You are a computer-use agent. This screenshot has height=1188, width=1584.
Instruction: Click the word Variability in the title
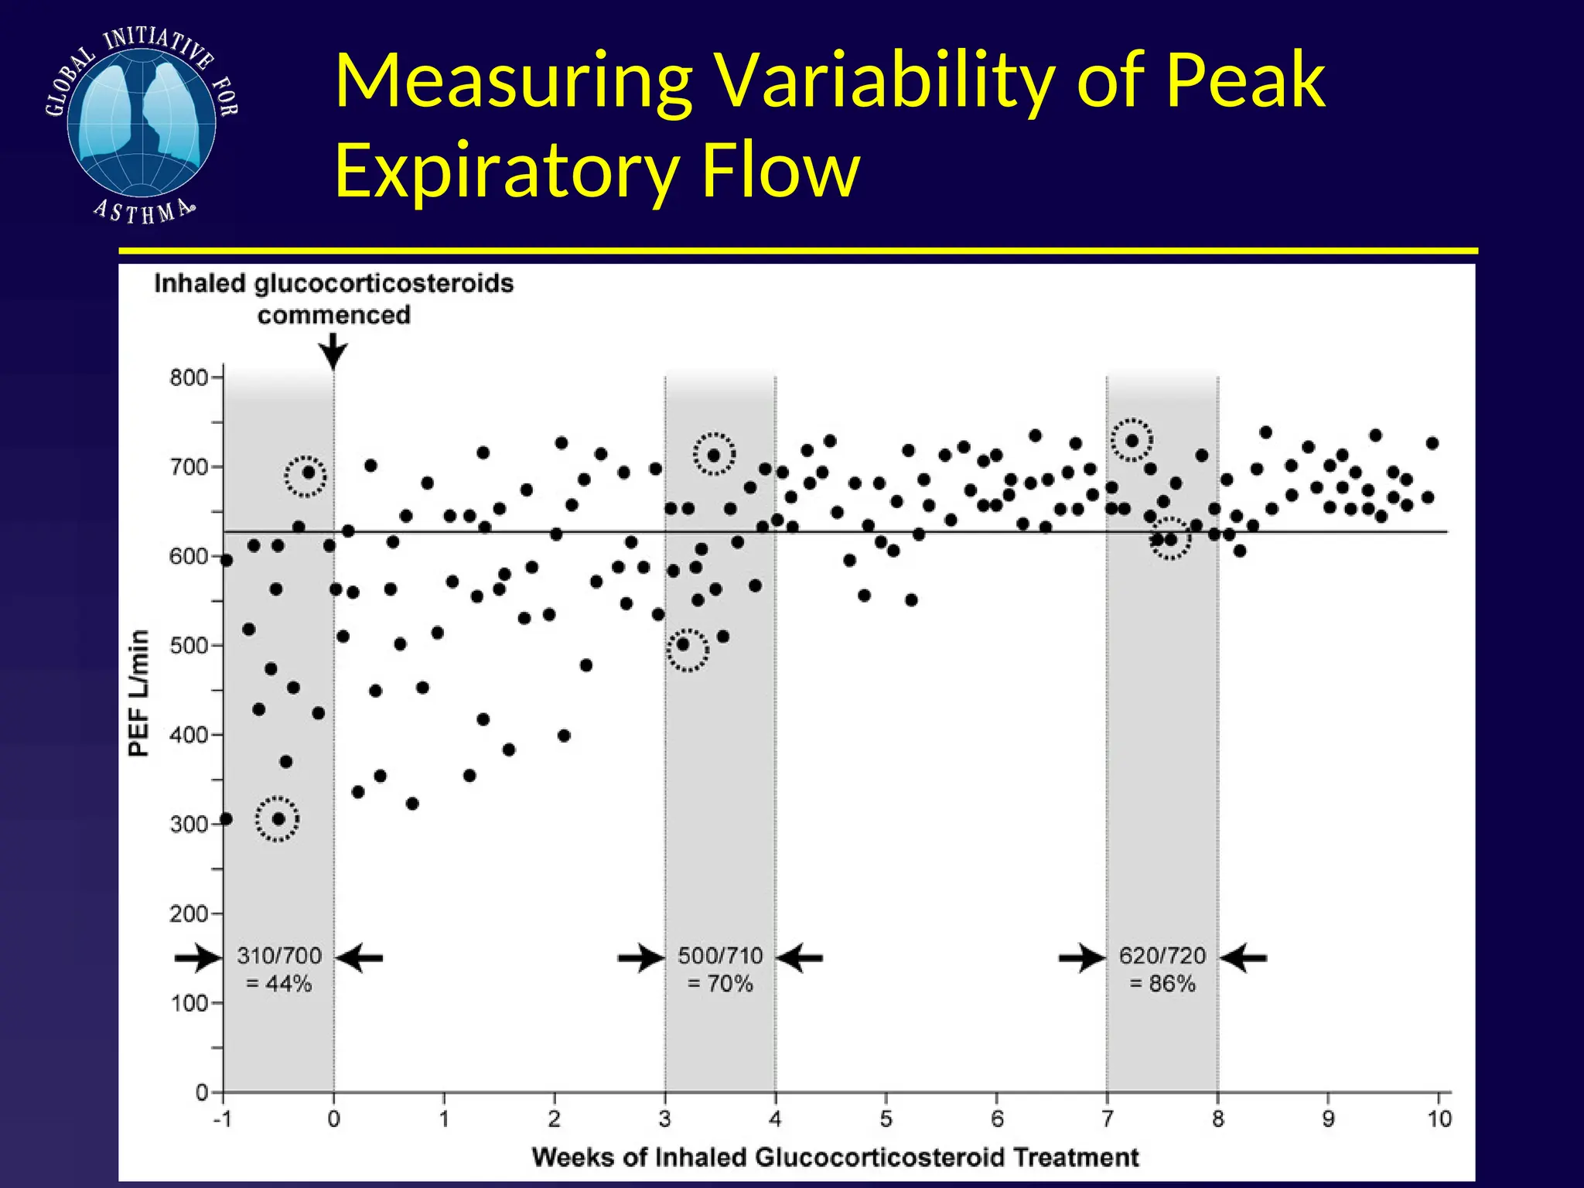[x=885, y=82]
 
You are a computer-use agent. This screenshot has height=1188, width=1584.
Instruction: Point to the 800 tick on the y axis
[x=189, y=377]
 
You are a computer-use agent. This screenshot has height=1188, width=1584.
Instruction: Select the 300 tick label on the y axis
[x=189, y=824]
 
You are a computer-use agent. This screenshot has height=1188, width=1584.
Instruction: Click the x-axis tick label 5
[x=886, y=1119]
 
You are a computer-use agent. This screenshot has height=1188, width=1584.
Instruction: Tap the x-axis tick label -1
[x=222, y=1119]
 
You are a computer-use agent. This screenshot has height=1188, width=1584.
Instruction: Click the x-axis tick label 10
[x=1439, y=1119]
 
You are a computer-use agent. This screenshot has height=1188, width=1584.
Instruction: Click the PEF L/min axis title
[x=138, y=693]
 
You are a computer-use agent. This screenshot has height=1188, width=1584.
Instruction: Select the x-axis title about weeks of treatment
[x=835, y=1157]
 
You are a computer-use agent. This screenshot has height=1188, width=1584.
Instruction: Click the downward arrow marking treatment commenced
[x=333, y=352]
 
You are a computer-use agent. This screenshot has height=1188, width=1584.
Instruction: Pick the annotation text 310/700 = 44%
[x=279, y=970]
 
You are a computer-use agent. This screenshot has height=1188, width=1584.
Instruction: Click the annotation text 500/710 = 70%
[x=720, y=970]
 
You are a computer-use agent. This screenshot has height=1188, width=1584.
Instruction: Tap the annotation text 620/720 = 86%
[x=1162, y=970]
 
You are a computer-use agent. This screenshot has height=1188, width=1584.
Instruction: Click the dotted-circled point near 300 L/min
[x=278, y=819]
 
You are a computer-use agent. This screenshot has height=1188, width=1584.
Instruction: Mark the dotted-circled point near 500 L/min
[x=684, y=644]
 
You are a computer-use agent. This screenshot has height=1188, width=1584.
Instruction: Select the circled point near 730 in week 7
[x=1132, y=441]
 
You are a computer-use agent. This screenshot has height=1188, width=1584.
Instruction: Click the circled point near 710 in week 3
[x=714, y=455]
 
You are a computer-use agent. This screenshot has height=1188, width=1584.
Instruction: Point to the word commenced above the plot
[x=333, y=316]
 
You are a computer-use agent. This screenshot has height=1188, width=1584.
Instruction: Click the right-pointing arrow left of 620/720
[x=1081, y=958]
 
